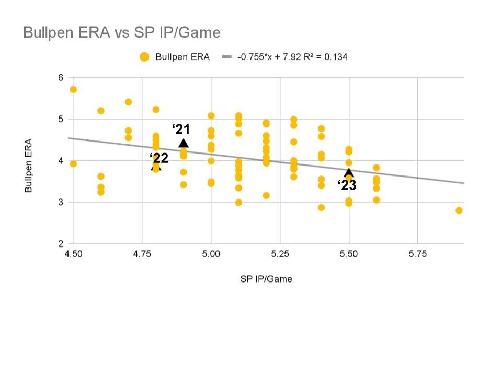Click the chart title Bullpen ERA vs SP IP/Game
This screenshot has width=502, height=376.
[x=122, y=33]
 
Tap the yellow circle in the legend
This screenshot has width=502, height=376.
[x=145, y=57]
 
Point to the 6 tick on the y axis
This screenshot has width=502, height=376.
[x=60, y=78]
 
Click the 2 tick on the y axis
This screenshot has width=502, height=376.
[x=60, y=244]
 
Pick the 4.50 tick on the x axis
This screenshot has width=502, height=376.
[x=73, y=254]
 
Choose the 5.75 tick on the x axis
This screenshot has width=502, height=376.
[x=417, y=254]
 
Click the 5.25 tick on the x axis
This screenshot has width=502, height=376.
[x=280, y=254]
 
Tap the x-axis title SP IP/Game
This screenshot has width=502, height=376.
[x=266, y=279]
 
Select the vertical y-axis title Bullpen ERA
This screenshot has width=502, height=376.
[x=29, y=165]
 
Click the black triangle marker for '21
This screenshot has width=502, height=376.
[x=184, y=143]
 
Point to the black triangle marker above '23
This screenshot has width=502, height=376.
[x=349, y=173]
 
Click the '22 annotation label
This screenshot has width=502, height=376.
[x=159, y=158]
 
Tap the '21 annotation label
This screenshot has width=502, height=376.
[x=181, y=130]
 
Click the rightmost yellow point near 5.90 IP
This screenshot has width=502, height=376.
[x=459, y=210]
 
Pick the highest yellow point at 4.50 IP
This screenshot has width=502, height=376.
[x=73, y=89]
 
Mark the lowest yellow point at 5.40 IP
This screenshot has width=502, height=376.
[x=321, y=207]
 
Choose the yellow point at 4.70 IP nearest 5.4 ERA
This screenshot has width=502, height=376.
[x=129, y=102]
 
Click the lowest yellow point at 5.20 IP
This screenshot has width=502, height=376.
[x=266, y=195]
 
